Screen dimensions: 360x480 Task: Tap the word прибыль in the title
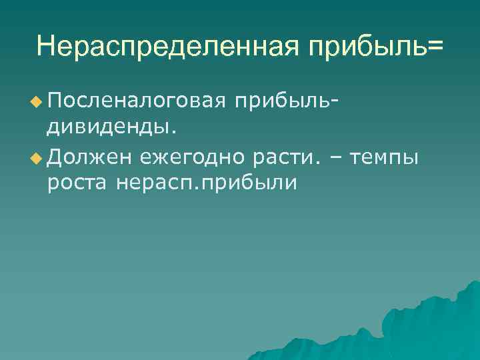pos(361,46)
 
